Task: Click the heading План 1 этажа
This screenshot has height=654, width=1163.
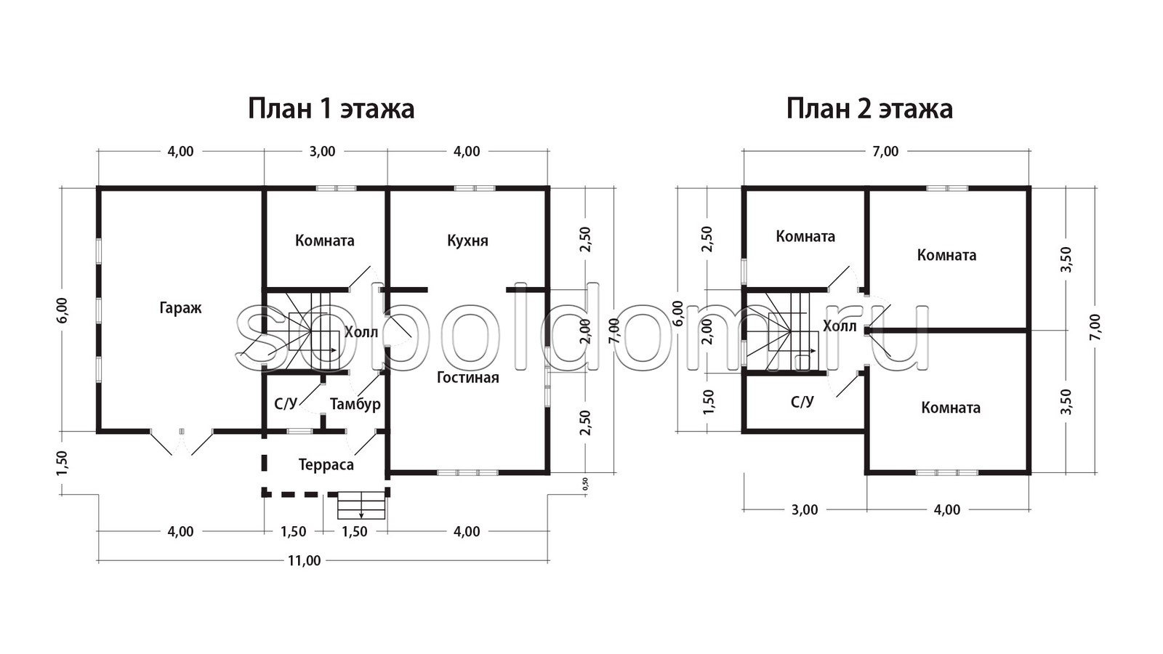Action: pos(331,109)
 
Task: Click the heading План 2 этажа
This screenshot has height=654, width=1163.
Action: pos(869,109)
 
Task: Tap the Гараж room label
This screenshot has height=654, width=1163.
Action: pos(180,308)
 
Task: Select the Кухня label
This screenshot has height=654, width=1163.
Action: pos(467,241)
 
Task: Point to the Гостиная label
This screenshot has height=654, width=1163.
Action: pos(468,377)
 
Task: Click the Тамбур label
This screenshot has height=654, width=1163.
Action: pos(355,404)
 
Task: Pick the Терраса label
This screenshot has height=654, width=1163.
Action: pos(326,464)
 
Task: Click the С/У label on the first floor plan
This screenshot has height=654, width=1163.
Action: pos(286,404)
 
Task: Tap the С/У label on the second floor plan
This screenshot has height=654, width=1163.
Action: pos(802,401)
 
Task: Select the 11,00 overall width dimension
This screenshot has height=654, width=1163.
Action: pos(305,560)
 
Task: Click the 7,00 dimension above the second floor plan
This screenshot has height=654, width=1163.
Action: pos(885,152)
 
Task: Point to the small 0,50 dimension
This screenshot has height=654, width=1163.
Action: pos(586,484)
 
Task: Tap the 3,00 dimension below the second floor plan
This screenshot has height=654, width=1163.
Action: pos(805,509)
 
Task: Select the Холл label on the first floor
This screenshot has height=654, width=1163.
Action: pos(361,332)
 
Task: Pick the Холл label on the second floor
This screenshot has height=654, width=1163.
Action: pos(840,326)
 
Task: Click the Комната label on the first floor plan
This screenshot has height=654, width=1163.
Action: pos(325,241)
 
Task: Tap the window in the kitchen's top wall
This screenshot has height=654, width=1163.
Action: pos(475,188)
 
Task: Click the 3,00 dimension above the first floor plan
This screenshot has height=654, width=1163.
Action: pos(323,152)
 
